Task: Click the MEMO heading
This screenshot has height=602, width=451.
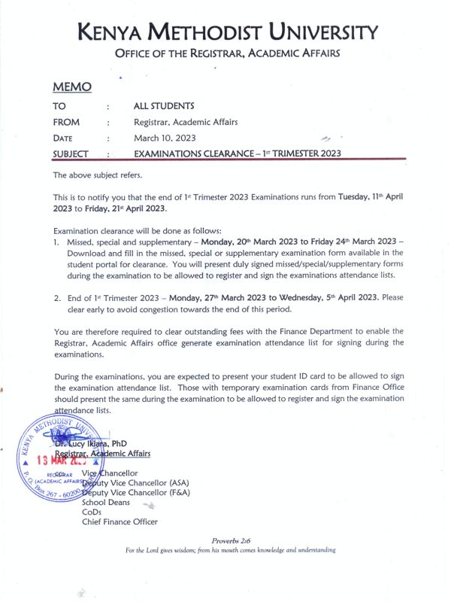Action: click(x=72, y=87)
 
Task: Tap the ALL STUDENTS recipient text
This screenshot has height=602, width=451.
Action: click(x=164, y=106)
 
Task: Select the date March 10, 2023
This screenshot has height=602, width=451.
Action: click(x=165, y=138)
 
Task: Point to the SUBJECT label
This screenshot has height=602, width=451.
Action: click(x=71, y=154)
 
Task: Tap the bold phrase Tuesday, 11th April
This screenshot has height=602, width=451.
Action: click(x=372, y=196)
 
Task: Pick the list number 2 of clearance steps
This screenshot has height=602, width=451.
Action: click(x=56, y=298)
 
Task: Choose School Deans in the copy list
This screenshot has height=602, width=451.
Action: click(x=106, y=502)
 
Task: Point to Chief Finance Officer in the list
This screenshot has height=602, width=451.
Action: click(x=120, y=521)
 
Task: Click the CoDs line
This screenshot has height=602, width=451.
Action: click(x=92, y=512)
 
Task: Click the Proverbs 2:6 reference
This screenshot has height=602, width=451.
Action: click(x=231, y=540)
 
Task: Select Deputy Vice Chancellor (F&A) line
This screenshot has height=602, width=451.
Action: click(x=139, y=492)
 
